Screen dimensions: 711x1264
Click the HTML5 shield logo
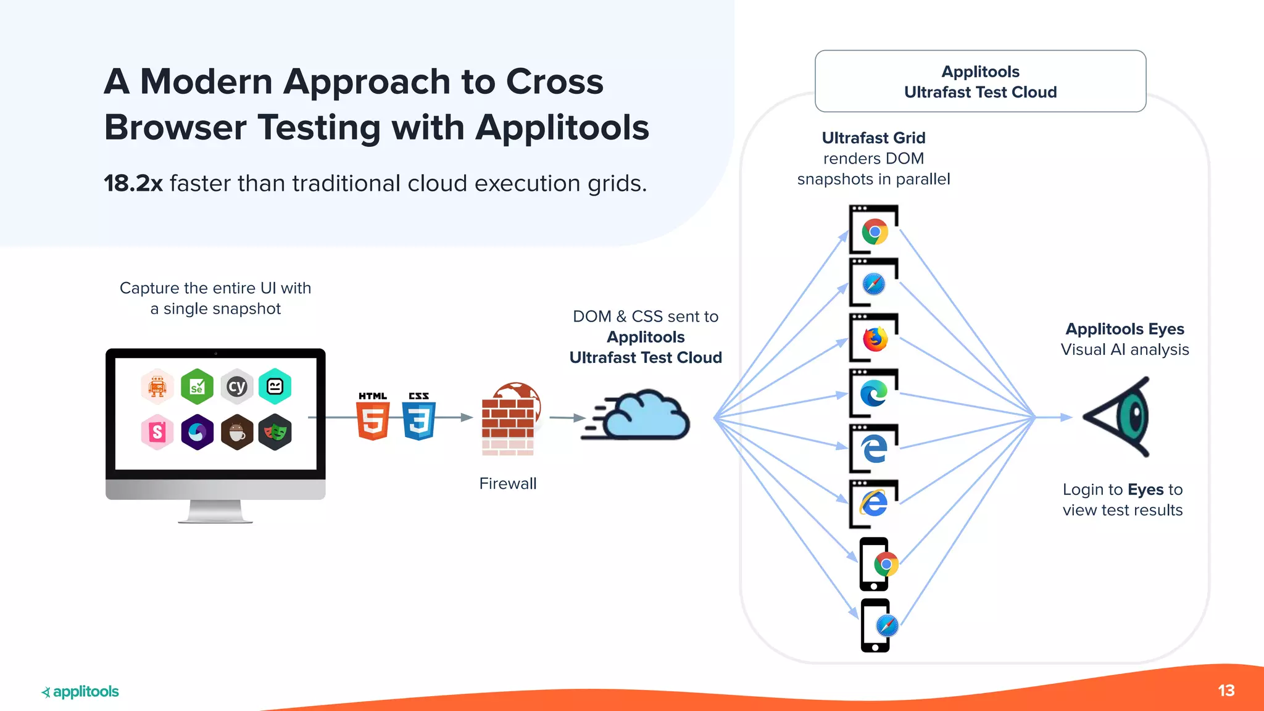click(x=373, y=420)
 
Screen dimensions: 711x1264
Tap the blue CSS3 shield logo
click(x=419, y=420)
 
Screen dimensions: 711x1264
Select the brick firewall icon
click(x=509, y=420)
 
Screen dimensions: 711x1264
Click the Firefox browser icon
click(x=875, y=339)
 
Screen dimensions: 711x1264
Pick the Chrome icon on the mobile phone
click(x=886, y=564)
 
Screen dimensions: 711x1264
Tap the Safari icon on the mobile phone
click(x=887, y=626)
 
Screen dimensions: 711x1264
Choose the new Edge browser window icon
click(x=874, y=393)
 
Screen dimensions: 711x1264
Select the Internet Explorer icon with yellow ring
click(x=874, y=503)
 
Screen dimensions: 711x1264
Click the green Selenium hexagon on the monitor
click(x=197, y=386)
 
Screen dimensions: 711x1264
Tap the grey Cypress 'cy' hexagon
click(x=237, y=386)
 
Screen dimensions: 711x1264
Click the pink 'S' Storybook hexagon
click(x=157, y=432)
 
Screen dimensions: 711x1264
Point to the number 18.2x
click(x=133, y=183)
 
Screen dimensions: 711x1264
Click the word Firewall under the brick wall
click(x=507, y=483)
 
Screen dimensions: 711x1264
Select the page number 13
click(x=1226, y=691)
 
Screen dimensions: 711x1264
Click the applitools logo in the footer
click(x=80, y=691)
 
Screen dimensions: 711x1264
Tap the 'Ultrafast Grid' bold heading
click(x=873, y=138)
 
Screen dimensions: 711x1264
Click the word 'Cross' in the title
click(x=554, y=81)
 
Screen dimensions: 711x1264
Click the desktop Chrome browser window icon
click(x=874, y=231)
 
